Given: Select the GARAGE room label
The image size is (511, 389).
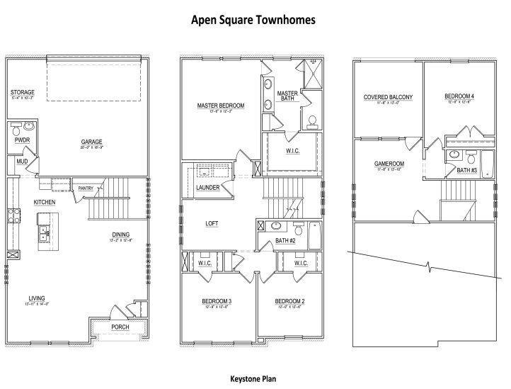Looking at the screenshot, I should pyautogui.click(x=92, y=141).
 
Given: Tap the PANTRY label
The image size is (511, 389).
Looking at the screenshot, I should pyautogui.click(x=86, y=188).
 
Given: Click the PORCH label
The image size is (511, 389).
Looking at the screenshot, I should pyautogui.click(x=120, y=327).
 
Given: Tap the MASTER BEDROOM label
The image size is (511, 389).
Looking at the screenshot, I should pyautogui.click(x=220, y=106).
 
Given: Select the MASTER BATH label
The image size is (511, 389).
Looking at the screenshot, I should pyautogui.click(x=287, y=96).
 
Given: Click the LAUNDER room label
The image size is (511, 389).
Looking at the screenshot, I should pyautogui.click(x=208, y=187).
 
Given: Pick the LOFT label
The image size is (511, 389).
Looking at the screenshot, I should pyautogui.click(x=212, y=223).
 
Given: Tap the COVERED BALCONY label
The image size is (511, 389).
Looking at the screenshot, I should pyautogui.click(x=388, y=97).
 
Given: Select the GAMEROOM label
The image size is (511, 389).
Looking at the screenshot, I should pyautogui.click(x=389, y=164).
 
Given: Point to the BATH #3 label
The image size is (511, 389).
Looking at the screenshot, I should pyautogui.click(x=466, y=170).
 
